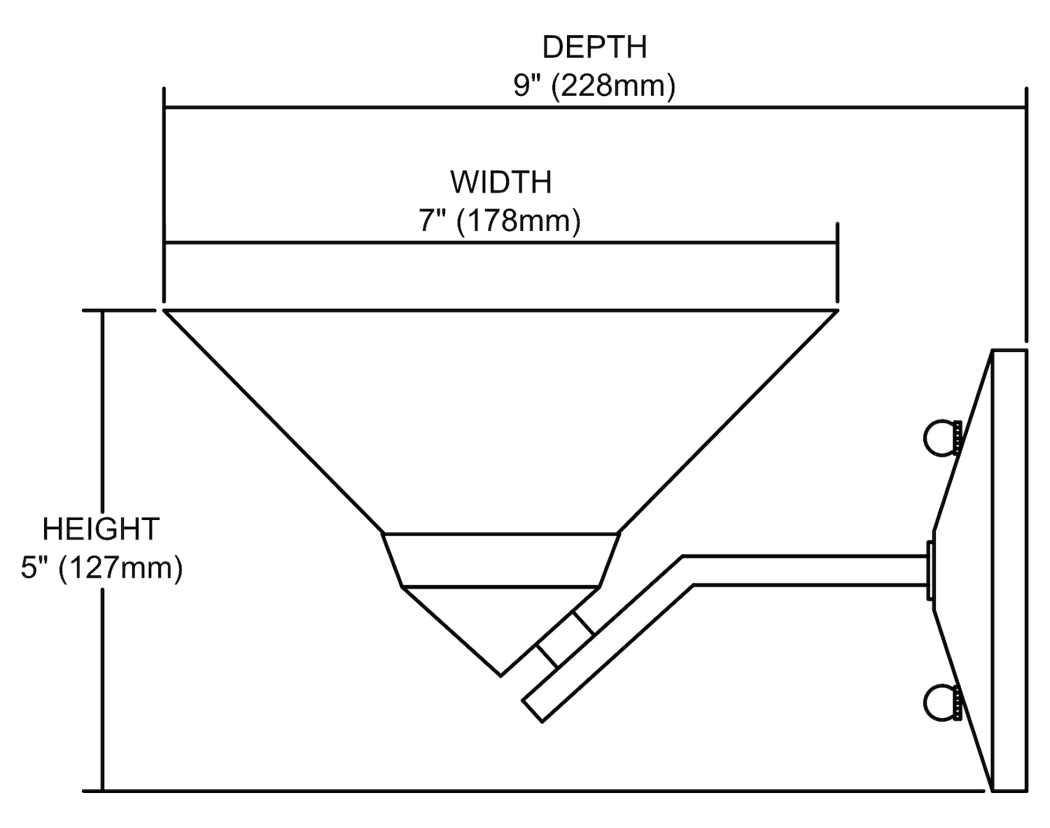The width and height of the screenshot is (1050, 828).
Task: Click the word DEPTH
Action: point(594,48)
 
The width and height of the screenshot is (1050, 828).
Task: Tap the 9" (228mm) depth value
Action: point(594,86)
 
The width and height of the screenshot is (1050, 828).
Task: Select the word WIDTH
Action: point(500,183)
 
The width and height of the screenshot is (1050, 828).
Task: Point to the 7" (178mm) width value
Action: point(500,221)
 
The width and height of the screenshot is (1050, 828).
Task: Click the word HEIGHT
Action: point(101,529)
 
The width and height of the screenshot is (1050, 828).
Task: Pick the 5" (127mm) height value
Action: point(101,568)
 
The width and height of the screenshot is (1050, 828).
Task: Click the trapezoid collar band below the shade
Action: point(500,560)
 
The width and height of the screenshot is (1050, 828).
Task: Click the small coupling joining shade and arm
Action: point(566,641)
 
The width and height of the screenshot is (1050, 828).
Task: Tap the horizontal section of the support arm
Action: point(805,570)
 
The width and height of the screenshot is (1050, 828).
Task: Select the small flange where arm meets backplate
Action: point(930,570)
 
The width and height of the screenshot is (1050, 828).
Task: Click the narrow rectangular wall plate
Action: point(1009,570)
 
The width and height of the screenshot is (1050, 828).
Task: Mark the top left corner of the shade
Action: point(165,311)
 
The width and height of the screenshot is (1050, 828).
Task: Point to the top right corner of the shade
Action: point(837,311)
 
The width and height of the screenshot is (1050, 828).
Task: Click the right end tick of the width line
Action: point(837,243)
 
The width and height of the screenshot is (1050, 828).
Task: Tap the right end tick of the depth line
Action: point(1026,108)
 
